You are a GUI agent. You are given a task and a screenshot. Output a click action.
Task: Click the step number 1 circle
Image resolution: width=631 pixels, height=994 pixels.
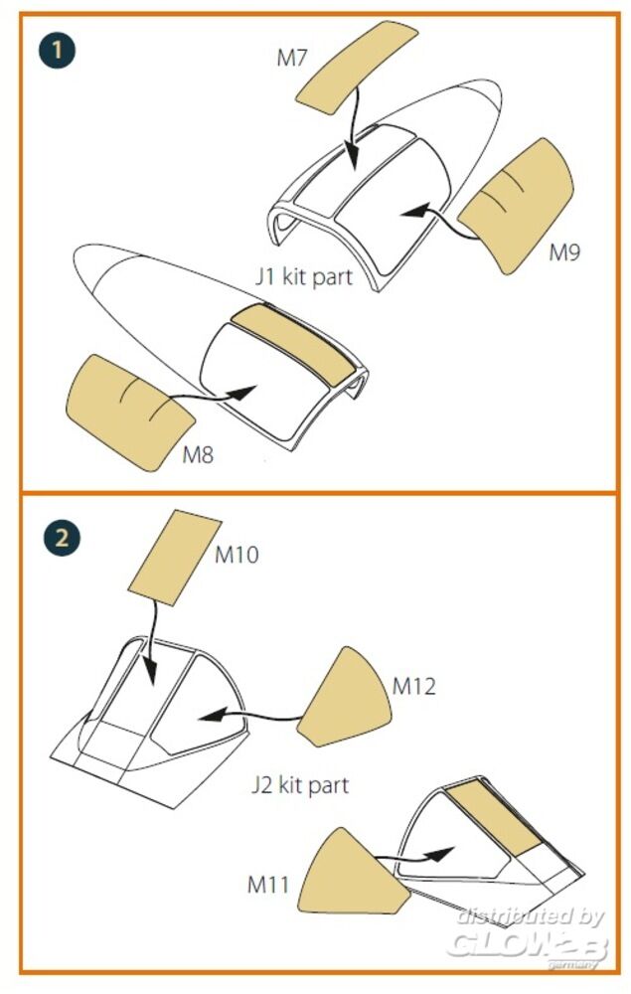coord(57,50)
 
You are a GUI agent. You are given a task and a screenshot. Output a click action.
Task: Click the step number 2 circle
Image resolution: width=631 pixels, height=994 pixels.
coord(62,538)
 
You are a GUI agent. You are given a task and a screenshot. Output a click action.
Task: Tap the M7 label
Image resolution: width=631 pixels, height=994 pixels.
coord(291,59)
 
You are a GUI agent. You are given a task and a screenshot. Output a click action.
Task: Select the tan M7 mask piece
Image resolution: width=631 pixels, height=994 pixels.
coord(358,68)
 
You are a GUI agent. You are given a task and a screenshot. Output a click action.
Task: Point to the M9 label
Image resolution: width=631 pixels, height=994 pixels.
coord(563,252)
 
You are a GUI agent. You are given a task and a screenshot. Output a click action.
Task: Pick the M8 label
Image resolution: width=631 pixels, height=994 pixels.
coord(198,454)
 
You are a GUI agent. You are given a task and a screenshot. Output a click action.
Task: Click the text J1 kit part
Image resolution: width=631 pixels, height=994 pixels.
coord(303,276)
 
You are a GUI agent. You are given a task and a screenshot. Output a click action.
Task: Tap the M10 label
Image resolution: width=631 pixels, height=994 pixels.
coord(237,555)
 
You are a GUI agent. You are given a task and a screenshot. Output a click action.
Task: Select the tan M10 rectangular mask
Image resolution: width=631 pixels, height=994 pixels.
coord(174,558)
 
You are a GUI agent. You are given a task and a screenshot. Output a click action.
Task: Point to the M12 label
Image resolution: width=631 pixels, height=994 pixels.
coord(414,686)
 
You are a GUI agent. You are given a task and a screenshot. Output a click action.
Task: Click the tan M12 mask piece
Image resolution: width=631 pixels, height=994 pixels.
coord(345,698)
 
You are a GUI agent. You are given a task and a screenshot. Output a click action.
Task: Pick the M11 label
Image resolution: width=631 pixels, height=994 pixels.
coord(268,885)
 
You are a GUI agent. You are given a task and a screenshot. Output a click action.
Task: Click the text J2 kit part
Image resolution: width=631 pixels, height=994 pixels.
coord(300,785)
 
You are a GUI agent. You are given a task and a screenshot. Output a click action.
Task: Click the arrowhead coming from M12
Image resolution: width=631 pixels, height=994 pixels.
coord(213,715)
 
